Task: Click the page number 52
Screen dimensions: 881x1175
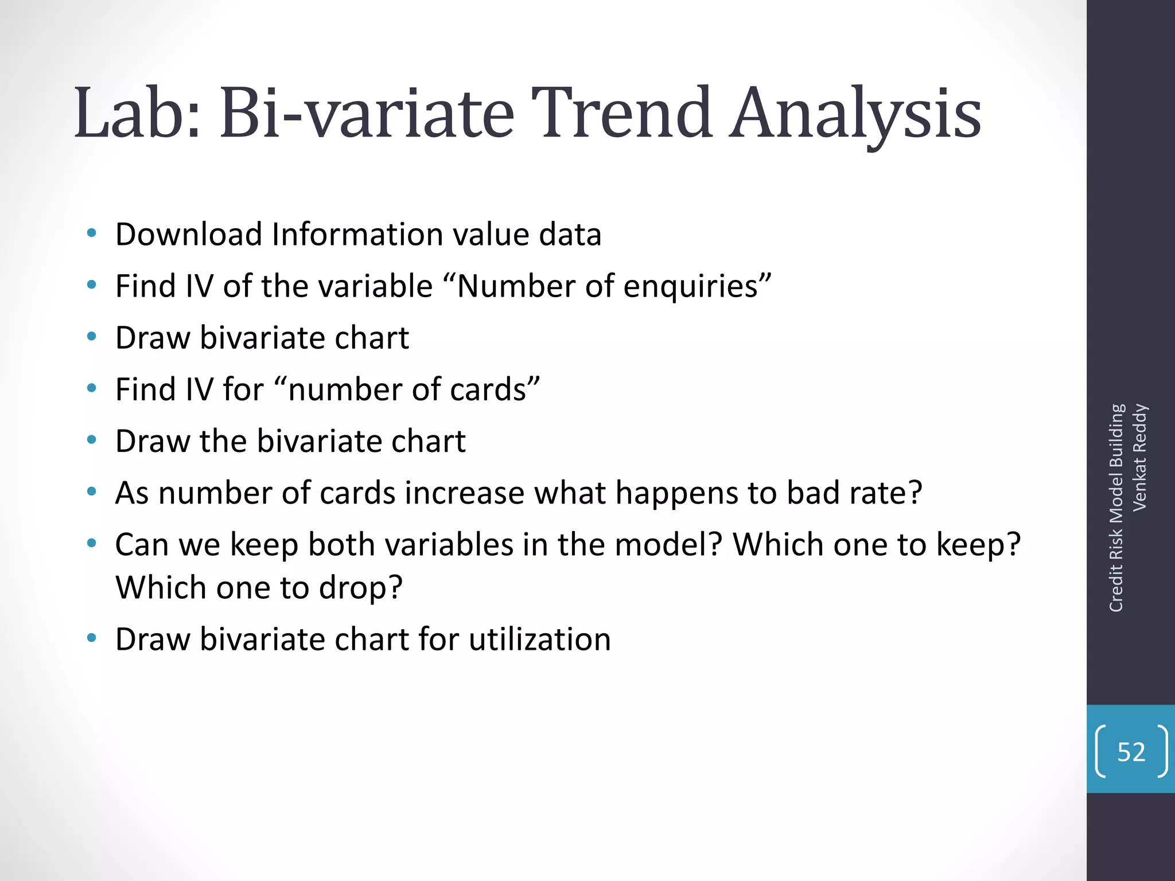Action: (1131, 752)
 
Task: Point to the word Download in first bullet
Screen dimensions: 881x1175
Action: (189, 235)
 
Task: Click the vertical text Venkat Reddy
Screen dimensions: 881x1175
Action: (1139, 457)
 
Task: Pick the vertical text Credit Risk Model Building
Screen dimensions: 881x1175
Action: (1116, 508)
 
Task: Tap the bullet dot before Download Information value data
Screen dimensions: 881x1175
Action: (91, 233)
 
